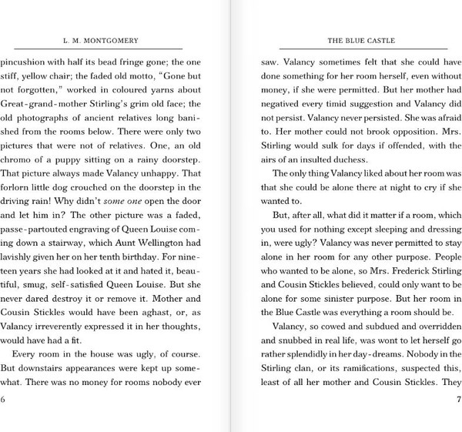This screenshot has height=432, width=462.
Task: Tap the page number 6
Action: point(4,399)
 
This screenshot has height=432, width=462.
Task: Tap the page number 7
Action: point(457,399)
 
